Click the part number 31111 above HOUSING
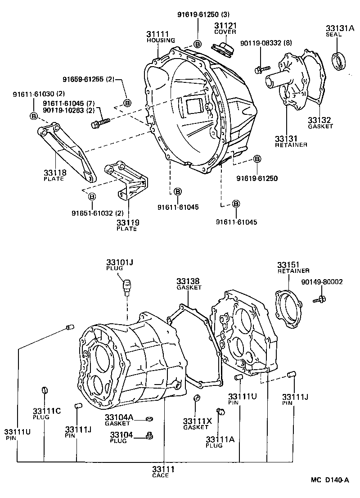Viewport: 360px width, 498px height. tap(157, 34)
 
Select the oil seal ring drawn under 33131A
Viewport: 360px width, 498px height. tap(340, 61)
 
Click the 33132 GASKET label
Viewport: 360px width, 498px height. tap(320, 122)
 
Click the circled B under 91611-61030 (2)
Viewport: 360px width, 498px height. tap(34, 116)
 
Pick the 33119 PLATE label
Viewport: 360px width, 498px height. tap(127, 224)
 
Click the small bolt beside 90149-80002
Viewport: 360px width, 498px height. tap(321, 298)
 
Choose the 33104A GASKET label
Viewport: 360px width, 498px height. tap(119, 420)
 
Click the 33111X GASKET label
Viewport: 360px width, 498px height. tap(197, 423)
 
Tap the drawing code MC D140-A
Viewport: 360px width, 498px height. tap(329, 480)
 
